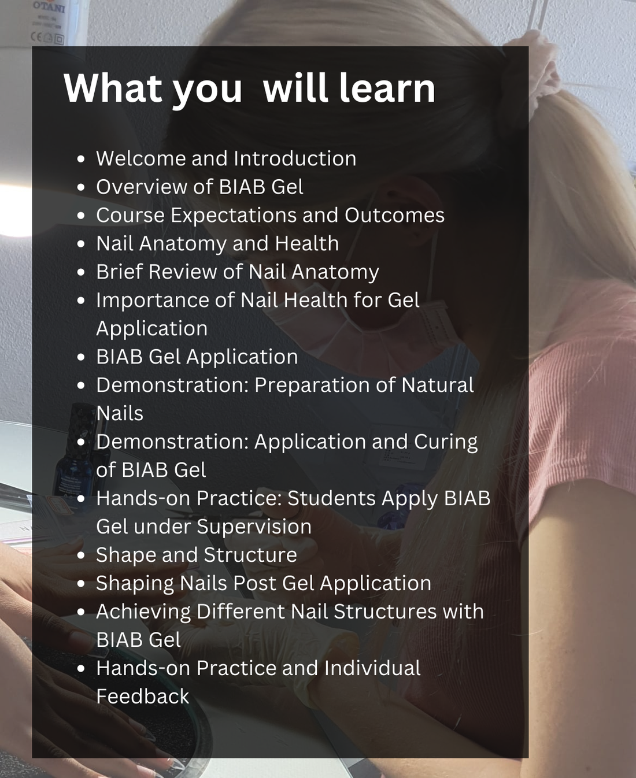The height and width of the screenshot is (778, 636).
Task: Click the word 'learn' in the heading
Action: click(x=387, y=88)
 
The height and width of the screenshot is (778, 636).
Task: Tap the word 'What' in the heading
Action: click(x=113, y=88)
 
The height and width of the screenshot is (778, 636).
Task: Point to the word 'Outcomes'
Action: click(x=394, y=215)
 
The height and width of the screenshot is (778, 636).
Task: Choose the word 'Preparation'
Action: click(x=312, y=385)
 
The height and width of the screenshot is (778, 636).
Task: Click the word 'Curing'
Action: click(x=446, y=442)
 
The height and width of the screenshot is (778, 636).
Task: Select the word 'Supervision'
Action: click(x=254, y=527)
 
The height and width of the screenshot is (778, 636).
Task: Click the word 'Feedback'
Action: click(x=142, y=697)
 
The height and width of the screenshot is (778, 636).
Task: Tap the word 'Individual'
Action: click(x=372, y=668)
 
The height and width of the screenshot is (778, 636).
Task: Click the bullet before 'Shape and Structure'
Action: click(x=81, y=556)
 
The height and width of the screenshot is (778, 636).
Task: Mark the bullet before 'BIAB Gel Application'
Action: click(x=81, y=358)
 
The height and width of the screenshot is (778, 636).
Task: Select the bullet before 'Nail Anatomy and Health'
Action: click(x=81, y=244)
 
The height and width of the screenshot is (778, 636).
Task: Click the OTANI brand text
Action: click(x=49, y=6)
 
